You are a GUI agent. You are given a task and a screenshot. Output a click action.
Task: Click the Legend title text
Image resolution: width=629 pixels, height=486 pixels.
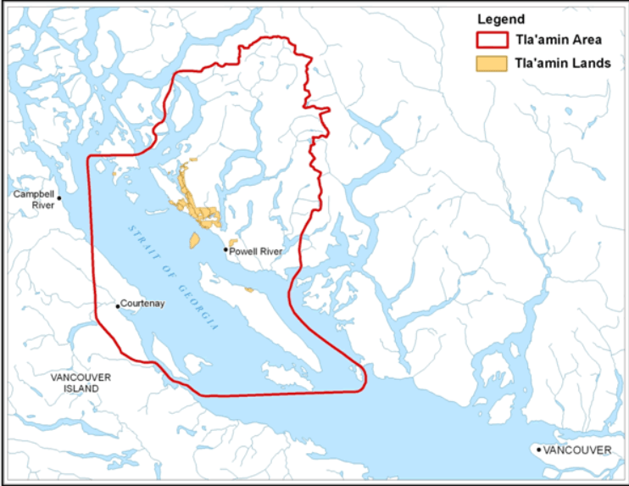click(501, 19)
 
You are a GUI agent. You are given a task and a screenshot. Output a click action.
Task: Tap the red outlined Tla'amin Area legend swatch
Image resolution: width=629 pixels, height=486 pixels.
click(491, 40)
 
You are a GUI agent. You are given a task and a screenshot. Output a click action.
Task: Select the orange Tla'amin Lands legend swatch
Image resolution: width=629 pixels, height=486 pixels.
click(491, 63)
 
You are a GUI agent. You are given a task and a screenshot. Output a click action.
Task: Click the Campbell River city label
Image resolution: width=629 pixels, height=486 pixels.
click(34, 199)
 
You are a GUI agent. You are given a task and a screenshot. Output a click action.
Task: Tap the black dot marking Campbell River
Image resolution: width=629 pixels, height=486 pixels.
click(59, 197)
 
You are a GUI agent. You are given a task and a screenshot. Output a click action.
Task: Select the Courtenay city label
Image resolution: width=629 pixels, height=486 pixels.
click(142, 303)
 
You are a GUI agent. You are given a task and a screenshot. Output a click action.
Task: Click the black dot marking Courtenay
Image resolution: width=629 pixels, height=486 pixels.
click(118, 305)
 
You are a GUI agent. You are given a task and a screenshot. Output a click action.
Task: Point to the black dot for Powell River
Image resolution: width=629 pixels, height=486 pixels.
click(226, 250)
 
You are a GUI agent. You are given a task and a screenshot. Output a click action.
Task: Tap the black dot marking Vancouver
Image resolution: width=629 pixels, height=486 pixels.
click(539, 449)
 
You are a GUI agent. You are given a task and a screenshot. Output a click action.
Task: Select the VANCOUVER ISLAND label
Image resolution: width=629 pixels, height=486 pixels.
click(81, 383)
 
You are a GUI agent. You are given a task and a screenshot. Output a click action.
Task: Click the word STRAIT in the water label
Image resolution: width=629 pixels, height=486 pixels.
click(143, 242)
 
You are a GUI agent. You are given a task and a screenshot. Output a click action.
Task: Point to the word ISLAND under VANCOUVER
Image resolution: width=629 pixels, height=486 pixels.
click(81, 388)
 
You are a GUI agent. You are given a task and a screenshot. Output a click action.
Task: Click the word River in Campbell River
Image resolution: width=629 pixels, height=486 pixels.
click(43, 205)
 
